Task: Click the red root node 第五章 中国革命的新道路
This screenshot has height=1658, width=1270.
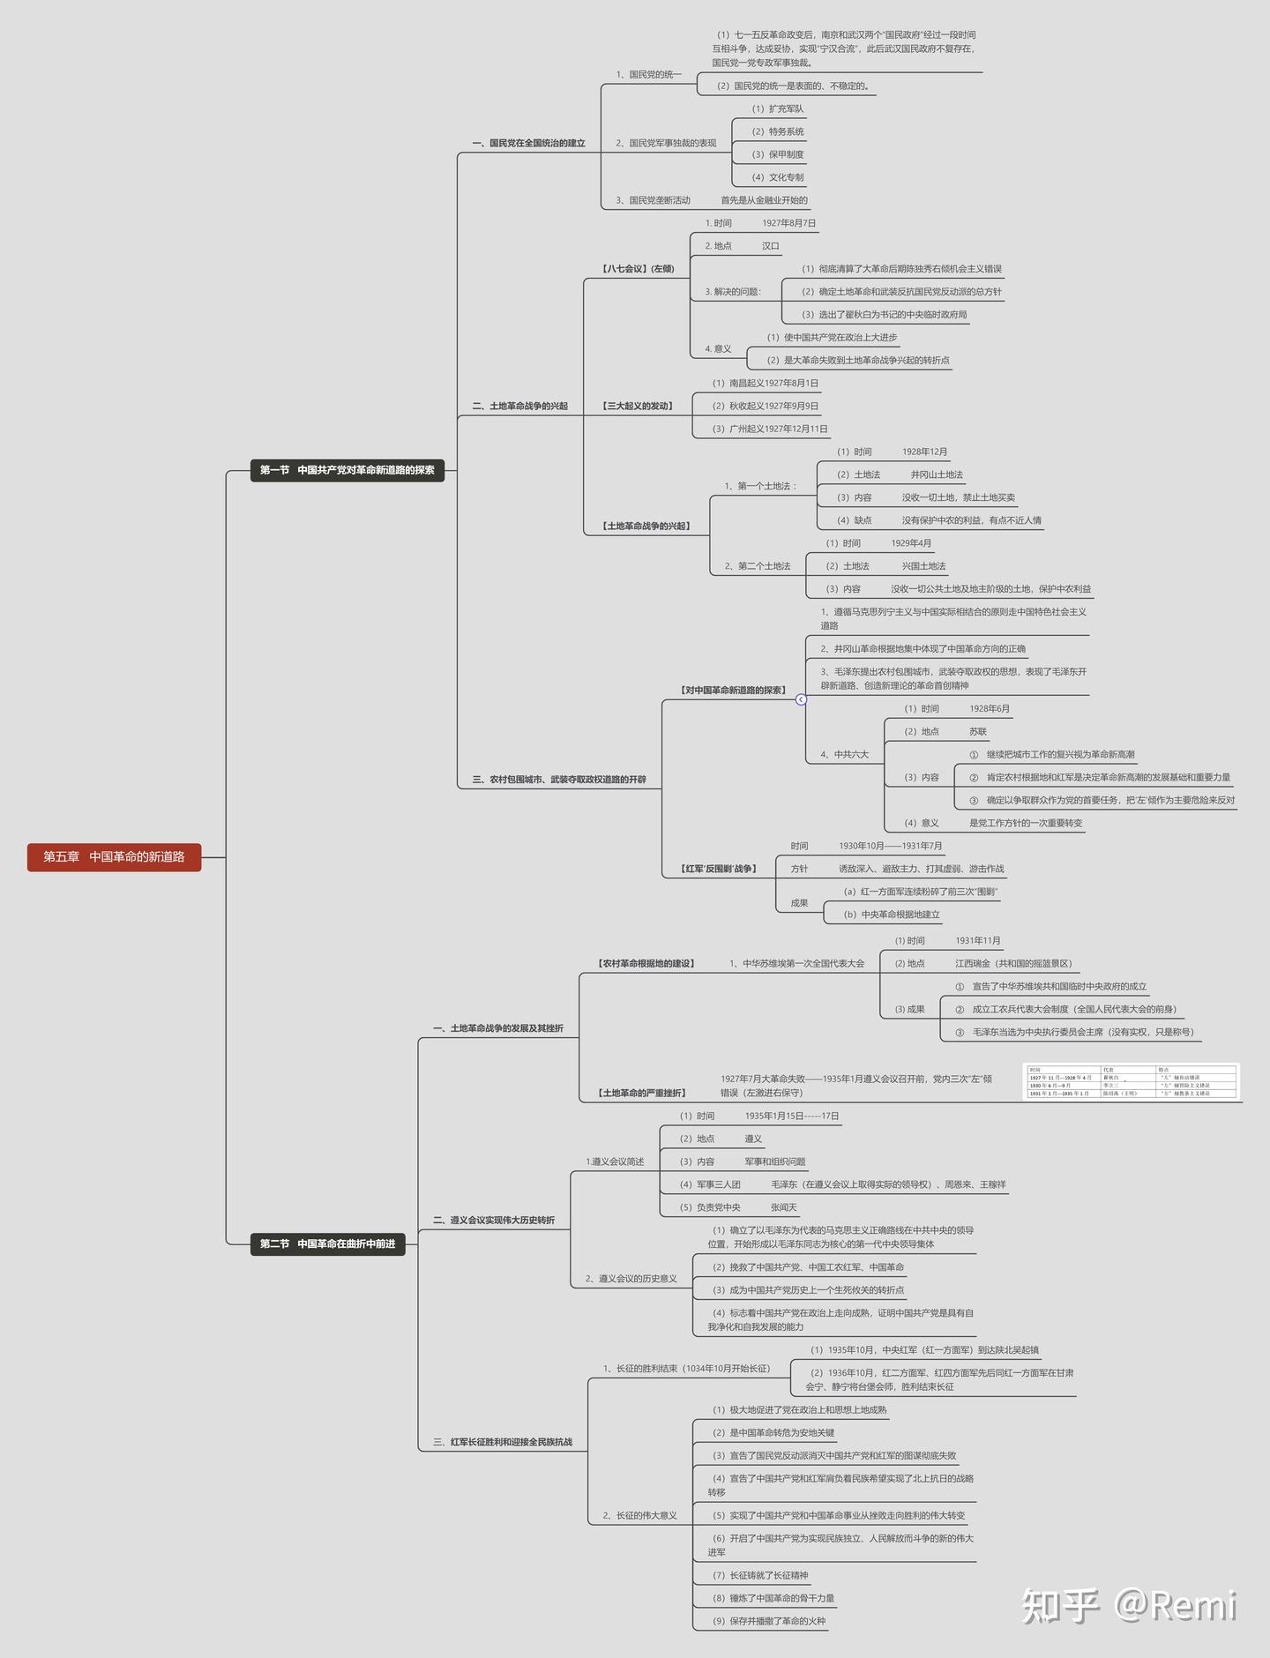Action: click(114, 857)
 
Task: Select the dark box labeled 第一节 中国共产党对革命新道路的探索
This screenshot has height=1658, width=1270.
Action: click(347, 470)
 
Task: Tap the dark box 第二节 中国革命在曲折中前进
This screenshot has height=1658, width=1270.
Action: click(327, 1243)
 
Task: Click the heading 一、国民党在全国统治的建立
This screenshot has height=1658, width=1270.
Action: click(528, 143)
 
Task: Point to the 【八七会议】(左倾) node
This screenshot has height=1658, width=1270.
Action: click(638, 269)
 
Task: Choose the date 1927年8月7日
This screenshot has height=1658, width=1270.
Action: click(788, 223)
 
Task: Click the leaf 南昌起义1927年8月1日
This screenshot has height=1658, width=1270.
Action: click(766, 384)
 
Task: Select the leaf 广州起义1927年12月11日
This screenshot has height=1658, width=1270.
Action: click(770, 429)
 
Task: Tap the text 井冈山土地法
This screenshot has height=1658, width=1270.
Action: click(937, 474)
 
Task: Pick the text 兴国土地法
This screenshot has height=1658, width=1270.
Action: click(923, 566)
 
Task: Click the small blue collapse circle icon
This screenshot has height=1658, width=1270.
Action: click(801, 699)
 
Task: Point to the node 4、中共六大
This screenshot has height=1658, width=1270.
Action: click(844, 755)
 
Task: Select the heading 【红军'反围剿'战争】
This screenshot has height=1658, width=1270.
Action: click(719, 869)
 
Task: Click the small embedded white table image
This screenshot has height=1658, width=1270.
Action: click(1132, 1081)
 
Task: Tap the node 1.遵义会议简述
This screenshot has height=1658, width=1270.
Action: click(615, 1161)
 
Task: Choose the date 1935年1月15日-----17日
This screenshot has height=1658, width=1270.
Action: click(791, 1117)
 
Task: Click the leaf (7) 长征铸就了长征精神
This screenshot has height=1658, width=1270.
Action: click(760, 1575)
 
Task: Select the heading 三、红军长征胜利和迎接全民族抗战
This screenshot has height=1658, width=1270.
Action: click(503, 1442)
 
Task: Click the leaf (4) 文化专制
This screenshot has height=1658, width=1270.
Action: click(777, 177)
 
